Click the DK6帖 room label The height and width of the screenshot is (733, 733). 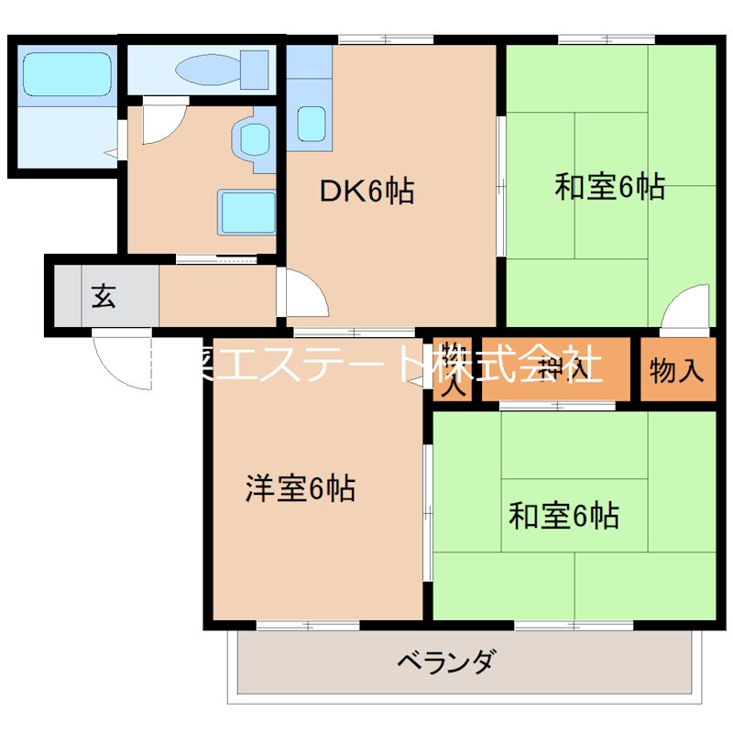coord(366,191)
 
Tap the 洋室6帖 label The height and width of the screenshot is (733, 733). coord(301,488)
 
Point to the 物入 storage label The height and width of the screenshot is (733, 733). coord(677,370)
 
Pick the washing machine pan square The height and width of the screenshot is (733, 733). coord(246,213)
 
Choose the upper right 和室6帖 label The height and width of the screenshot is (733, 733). coord(609,187)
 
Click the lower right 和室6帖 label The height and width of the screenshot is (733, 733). coord(563,516)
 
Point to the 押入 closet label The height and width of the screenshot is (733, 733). coord(557,369)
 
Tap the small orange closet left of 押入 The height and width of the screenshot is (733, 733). coord(453,370)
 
